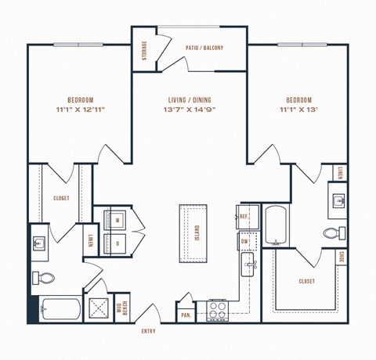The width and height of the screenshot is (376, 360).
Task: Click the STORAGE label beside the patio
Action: (x=145, y=49)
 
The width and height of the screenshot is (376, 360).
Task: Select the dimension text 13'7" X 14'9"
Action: (x=190, y=110)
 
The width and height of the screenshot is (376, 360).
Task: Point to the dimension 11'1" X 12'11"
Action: (x=81, y=110)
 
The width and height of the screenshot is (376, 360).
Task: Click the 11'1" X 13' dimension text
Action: (x=298, y=110)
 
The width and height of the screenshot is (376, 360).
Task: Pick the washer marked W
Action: (x=117, y=221)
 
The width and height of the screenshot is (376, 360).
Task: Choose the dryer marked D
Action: (x=117, y=243)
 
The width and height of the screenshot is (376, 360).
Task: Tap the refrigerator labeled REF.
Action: (x=244, y=216)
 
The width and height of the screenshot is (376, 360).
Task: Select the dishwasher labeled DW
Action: (x=245, y=243)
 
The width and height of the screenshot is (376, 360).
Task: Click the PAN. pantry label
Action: (x=186, y=315)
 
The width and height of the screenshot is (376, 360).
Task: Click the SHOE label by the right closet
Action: (x=342, y=257)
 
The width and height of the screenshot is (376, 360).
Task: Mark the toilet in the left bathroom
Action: (x=46, y=276)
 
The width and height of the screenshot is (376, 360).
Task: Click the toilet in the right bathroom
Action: (x=331, y=233)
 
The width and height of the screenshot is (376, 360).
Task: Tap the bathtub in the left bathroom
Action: (x=60, y=310)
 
